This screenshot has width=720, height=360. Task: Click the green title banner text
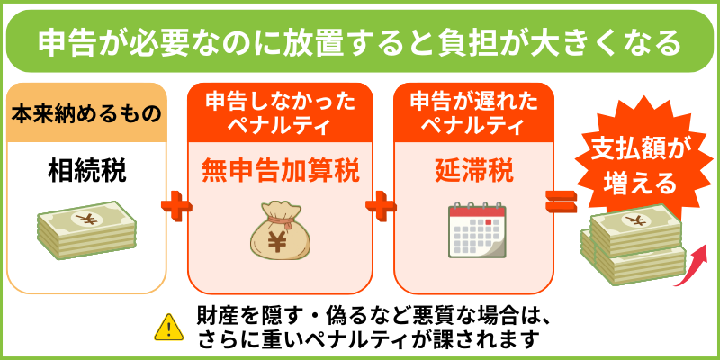click(358, 41)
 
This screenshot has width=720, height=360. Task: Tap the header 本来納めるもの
click(86, 113)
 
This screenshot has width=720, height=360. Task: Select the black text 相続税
click(86, 172)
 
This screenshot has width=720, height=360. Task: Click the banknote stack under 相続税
click(86, 229)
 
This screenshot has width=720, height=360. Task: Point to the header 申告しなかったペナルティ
click(280, 114)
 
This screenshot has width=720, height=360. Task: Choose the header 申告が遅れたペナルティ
click(473, 114)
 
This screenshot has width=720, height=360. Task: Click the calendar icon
click(477, 229)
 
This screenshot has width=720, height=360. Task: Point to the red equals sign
click(561, 202)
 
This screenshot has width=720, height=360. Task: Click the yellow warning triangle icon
click(169, 328)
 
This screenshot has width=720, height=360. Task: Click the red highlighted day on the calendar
click(489, 221)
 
